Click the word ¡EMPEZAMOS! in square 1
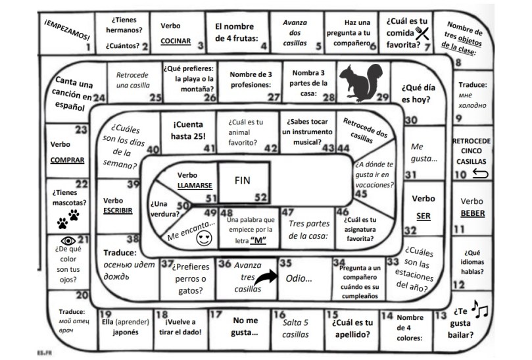pyautogui.click(x=68, y=34)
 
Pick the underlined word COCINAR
pyautogui.click(x=175, y=41)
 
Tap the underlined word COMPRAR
pyautogui.click(x=68, y=159)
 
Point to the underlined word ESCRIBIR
pyautogui.click(x=118, y=211)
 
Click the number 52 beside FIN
pyautogui.click(x=261, y=197)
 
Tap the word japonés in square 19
pyautogui.click(x=121, y=332)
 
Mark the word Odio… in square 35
pyautogui.click(x=299, y=278)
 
